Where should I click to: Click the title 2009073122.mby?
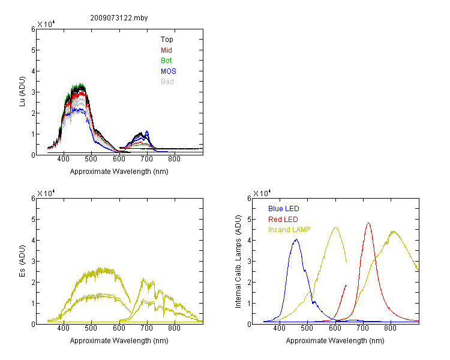pyautogui.click(x=119, y=18)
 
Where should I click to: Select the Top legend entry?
pyautogui.click(x=167, y=40)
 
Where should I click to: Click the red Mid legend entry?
pyautogui.click(x=166, y=50)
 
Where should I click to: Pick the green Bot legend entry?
pyautogui.click(x=166, y=61)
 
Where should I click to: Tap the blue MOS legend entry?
pyautogui.click(x=168, y=71)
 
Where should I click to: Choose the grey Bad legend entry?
pyautogui.click(x=167, y=82)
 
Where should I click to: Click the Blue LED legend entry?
pyautogui.click(x=284, y=209)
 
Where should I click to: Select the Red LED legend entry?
pyautogui.click(x=283, y=220)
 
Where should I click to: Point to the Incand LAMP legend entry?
pyautogui.click(x=289, y=230)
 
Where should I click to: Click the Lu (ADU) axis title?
pyautogui.click(x=22, y=92)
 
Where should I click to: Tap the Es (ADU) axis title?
pyautogui.click(x=22, y=261)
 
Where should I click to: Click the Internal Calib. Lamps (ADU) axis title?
pyautogui.click(x=238, y=262)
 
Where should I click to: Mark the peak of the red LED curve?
pyautogui.click(x=368, y=223)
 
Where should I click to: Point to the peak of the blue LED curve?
pyautogui.click(x=296, y=239)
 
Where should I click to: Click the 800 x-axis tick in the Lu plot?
pyautogui.click(x=174, y=159)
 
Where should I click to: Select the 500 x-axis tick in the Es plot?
pyautogui.click(x=91, y=328)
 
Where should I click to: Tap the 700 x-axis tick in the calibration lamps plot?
pyautogui.click(x=363, y=328)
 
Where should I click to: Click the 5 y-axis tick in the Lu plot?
pyautogui.click(x=33, y=50)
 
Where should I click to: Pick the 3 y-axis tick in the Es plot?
pyautogui.click(x=33, y=261)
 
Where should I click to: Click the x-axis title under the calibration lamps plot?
pyautogui.click(x=335, y=341)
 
